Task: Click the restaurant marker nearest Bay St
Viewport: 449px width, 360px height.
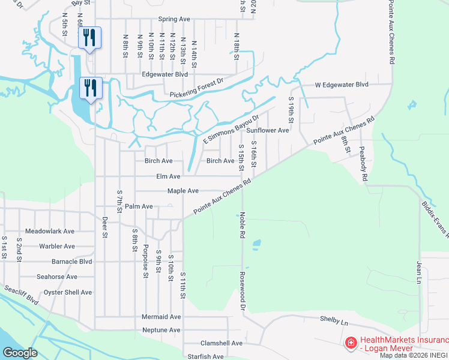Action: pyautogui.click(x=89, y=37)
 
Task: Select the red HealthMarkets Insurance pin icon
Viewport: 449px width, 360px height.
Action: pyautogui.click(x=351, y=343)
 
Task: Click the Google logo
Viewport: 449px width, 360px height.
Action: pyautogui.click(x=20, y=353)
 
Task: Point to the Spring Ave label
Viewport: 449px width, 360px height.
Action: pyautogui.click(x=173, y=19)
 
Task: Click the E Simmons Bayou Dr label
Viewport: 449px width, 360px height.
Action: pyautogui.click(x=231, y=129)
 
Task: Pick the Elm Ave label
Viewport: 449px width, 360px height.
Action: pyautogui.click(x=167, y=176)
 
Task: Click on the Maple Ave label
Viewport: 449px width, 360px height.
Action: pyautogui.click(x=183, y=191)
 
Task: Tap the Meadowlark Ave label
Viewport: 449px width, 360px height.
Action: pyautogui.click(x=50, y=231)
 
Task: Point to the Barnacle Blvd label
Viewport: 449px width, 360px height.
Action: pyautogui.click(x=72, y=262)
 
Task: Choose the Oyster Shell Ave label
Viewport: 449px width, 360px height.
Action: pyautogui.click(x=68, y=292)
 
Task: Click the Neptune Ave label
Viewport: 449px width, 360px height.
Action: pyautogui.click(x=161, y=330)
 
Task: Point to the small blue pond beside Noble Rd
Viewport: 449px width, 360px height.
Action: pyautogui.click(x=257, y=244)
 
